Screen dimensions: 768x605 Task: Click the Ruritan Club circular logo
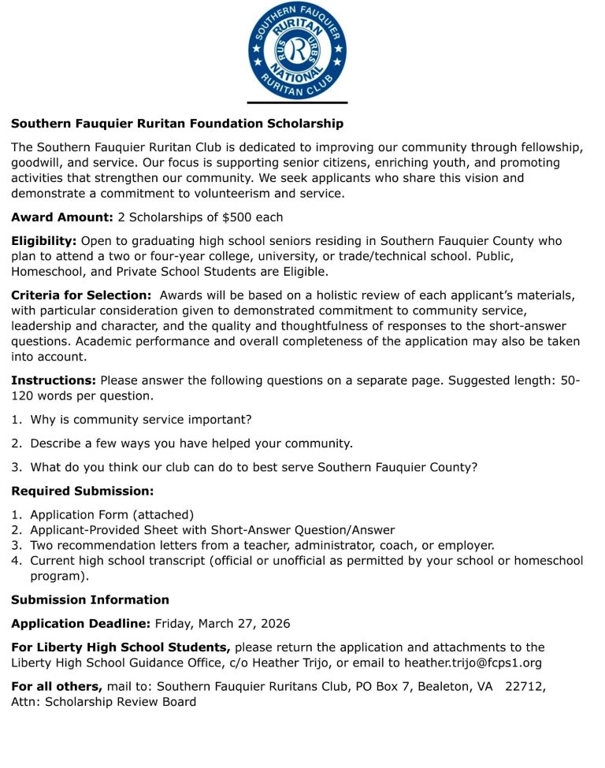(x=297, y=50)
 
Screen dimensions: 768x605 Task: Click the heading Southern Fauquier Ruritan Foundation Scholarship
(x=177, y=124)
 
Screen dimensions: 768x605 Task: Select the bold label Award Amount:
(x=62, y=217)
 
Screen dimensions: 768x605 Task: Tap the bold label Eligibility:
(x=44, y=241)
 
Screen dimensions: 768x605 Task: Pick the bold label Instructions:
(x=54, y=380)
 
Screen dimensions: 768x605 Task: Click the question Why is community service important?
(x=141, y=420)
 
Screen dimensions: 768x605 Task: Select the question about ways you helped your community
(x=191, y=443)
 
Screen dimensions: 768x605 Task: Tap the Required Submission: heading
(x=83, y=491)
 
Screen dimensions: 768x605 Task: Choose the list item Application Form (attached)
(x=112, y=514)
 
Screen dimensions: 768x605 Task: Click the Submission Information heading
(x=90, y=599)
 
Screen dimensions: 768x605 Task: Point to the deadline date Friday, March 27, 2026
(x=222, y=624)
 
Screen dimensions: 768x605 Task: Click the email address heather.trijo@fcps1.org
(x=473, y=663)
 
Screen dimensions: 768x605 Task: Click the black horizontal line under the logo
(x=297, y=102)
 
